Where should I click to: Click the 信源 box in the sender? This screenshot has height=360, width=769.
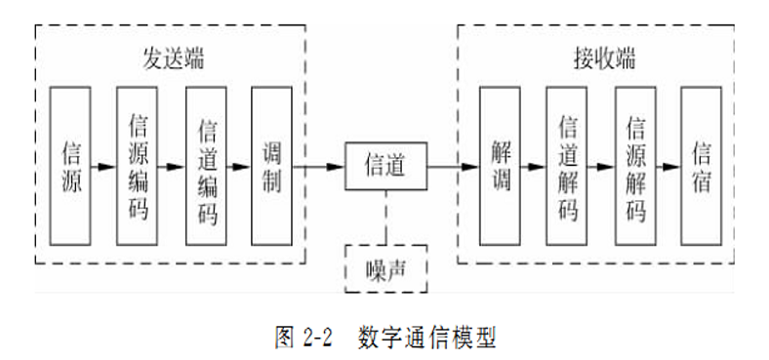70,165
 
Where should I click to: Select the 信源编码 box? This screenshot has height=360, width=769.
137,165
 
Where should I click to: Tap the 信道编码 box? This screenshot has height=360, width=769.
206,165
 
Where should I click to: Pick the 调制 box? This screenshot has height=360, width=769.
272,165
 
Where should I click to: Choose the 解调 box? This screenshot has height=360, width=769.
500,165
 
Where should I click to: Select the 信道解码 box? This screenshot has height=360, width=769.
567,165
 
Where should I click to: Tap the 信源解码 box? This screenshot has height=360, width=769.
634,165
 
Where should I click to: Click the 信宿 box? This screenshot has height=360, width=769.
702,165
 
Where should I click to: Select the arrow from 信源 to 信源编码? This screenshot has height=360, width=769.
102,166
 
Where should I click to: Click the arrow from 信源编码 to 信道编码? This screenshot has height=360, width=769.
172,166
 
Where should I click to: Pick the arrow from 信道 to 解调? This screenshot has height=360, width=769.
453,166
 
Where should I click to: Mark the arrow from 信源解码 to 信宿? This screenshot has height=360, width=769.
668,166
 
